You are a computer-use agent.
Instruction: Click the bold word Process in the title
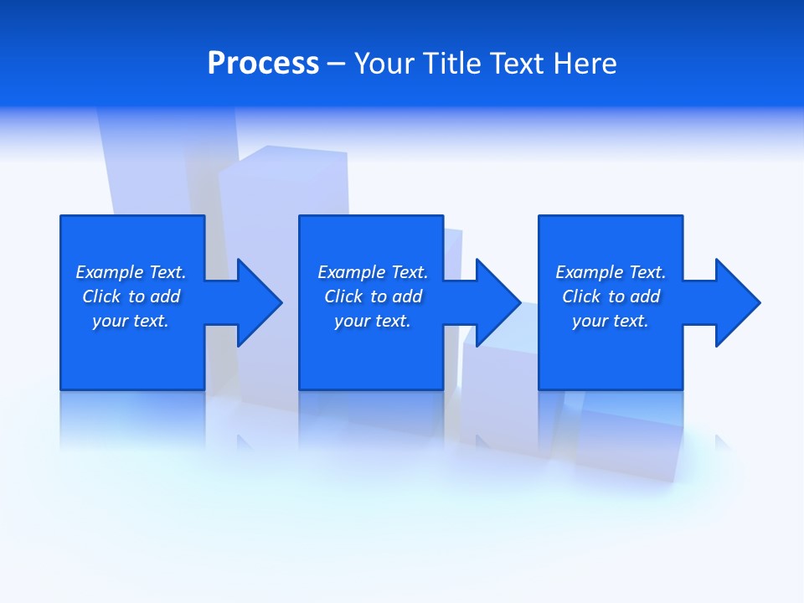263,64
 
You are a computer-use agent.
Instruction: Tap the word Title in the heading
452,64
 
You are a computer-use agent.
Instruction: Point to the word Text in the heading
517,64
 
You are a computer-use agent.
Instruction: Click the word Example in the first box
110,272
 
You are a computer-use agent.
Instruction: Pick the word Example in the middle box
352,272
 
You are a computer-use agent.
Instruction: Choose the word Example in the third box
590,272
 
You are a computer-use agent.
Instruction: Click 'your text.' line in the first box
131,321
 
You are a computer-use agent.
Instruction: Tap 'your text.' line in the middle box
373,321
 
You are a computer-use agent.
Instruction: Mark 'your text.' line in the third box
611,321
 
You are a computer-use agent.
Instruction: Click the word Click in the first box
101,296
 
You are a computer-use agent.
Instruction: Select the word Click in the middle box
343,296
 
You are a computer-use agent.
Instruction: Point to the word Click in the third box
581,296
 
